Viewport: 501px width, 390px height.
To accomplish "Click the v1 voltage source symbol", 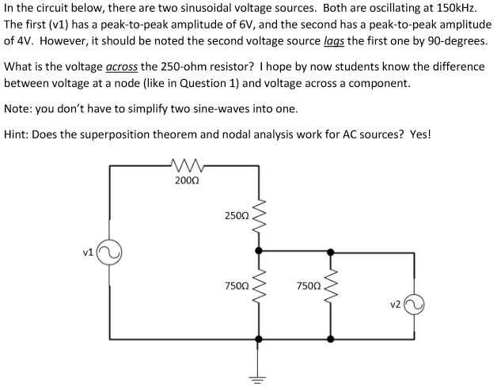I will tap(110, 253).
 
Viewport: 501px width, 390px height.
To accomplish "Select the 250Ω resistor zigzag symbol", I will tap(256, 215).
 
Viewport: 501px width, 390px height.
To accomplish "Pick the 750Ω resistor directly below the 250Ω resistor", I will tap(256, 286).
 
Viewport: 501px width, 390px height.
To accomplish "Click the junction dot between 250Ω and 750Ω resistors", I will tap(256, 251).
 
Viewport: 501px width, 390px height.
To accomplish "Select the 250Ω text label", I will tap(236, 215).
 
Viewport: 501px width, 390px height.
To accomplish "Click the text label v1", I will tap(89, 252).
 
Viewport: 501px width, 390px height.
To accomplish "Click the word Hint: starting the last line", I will tap(19, 134).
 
